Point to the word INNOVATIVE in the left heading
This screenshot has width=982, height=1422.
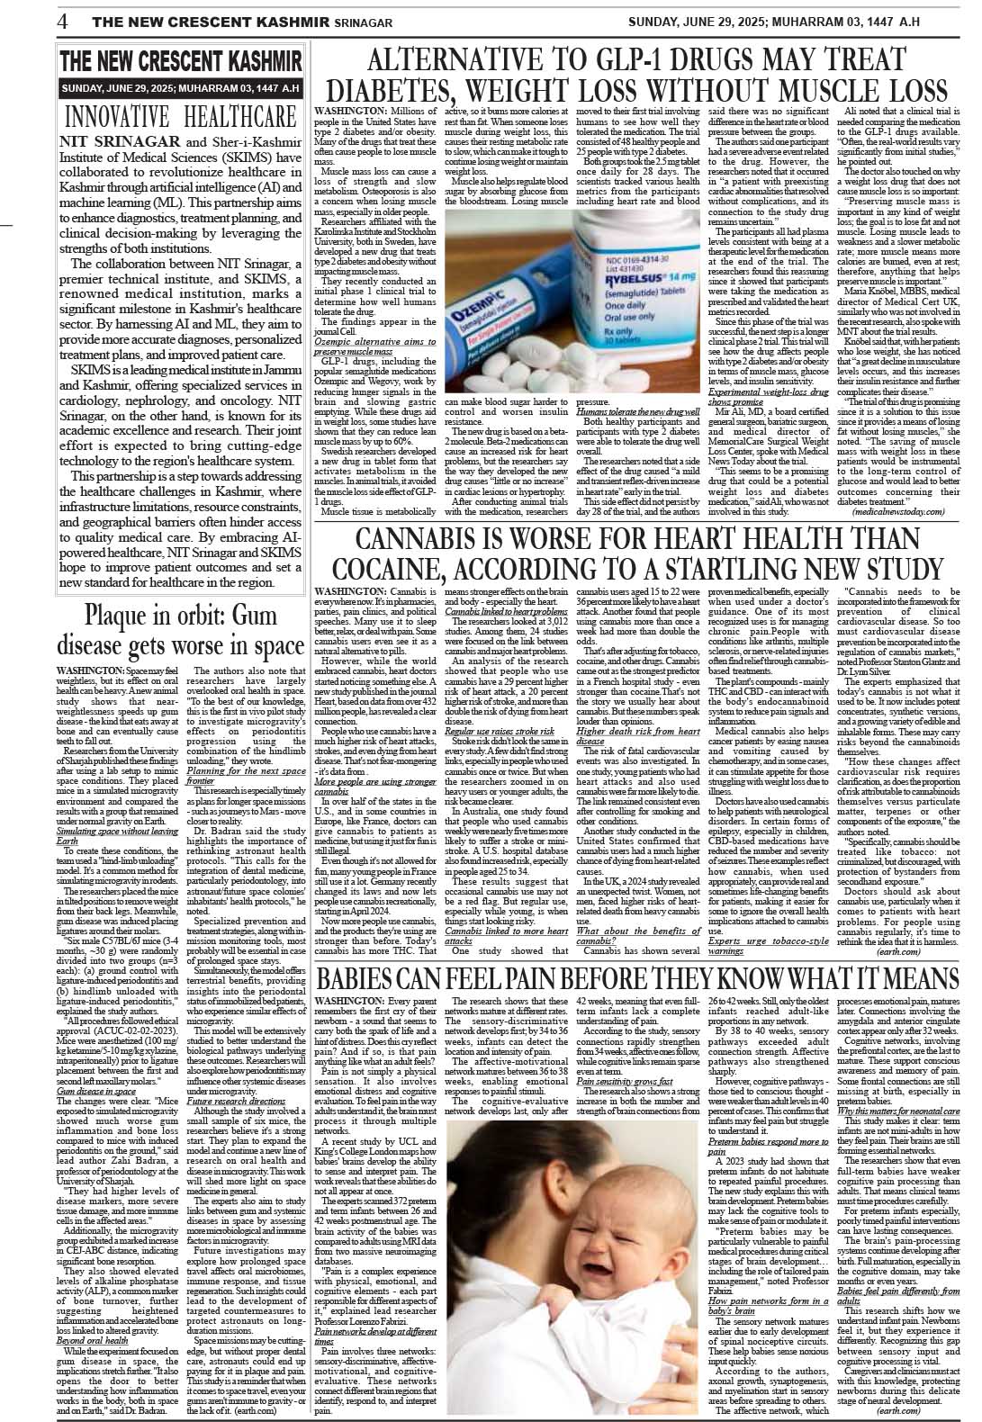(x=118, y=118)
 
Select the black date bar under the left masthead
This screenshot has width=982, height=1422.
(x=180, y=88)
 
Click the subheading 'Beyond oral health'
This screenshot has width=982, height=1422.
(x=93, y=1340)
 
